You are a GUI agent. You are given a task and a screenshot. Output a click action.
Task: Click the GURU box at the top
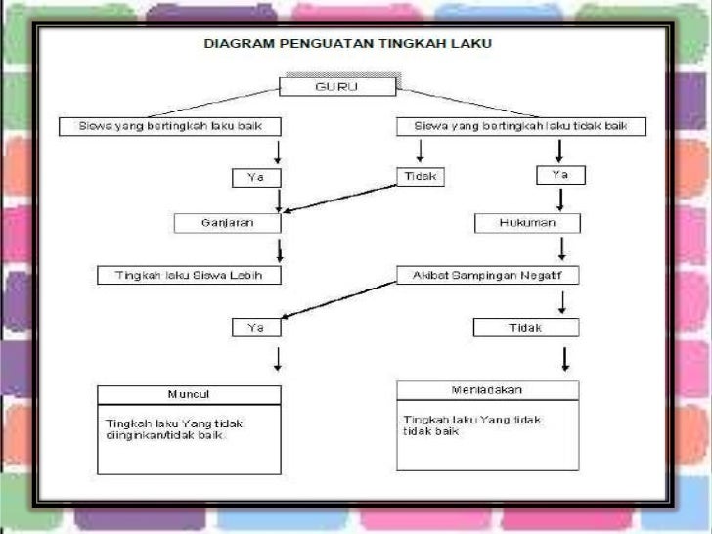pos(337,86)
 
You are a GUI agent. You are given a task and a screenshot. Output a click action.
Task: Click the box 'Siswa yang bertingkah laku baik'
pos(170,126)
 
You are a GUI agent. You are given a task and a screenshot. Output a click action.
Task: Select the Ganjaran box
pos(227,222)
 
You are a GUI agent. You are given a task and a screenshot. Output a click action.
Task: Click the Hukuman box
pos(527,223)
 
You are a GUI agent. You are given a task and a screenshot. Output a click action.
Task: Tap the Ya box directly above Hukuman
pos(560,175)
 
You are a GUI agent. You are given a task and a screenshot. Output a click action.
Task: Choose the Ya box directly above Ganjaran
pos(255,177)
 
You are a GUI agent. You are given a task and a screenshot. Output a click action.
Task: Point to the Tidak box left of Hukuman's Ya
pos(421,177)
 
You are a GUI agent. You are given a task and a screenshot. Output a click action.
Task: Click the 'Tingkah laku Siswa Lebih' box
pos(190,276)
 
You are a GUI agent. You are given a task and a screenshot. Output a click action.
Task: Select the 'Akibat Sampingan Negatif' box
pos(487,276)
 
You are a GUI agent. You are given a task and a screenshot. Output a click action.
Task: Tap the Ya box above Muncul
pos(255,328)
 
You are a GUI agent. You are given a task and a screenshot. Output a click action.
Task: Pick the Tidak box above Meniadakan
pos(525,328)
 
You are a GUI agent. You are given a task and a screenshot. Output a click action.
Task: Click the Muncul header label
pos(189,394)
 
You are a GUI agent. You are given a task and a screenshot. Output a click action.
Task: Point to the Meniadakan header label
pos(487,389)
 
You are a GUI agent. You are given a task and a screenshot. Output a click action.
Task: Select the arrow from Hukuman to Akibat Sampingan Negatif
pos(560,248)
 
